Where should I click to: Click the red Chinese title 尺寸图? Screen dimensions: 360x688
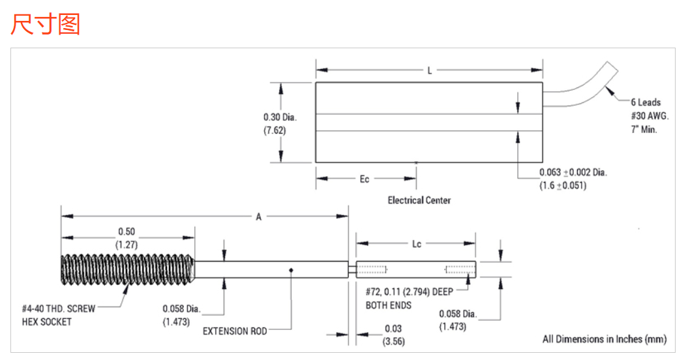(45, 24)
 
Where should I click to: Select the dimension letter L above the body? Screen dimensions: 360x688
(430, 71)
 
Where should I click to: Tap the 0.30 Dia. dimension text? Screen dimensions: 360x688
(280, 117)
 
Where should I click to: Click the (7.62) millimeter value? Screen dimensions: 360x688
(275, 130)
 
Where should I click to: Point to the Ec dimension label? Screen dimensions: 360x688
(365, 179)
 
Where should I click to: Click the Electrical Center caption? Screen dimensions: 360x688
(419, 200)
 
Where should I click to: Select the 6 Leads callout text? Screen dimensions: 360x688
(646, 102)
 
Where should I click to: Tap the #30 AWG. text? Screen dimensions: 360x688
(646, 115)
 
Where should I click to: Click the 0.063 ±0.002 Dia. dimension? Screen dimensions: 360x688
(573, 173)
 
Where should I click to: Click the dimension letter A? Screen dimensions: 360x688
(258, 218)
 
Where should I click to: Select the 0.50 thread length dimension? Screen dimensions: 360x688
(127, 232)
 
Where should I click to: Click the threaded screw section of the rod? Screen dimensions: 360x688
(127, 269)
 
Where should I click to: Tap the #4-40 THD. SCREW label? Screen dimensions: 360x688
(58, 309)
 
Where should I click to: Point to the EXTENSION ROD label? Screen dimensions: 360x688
(235, 331)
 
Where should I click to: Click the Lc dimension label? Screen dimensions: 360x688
(417, 244)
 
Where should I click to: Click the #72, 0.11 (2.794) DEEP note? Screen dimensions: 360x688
(409, 293)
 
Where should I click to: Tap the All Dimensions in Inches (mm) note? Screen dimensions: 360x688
(605, 339)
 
